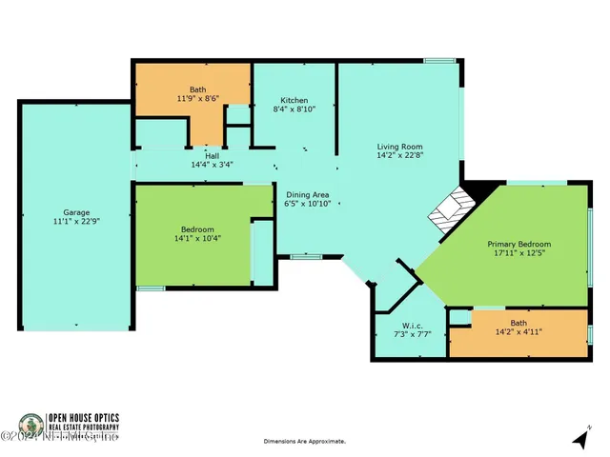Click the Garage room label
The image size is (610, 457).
[76, 212]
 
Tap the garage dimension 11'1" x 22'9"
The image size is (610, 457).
[76, 222]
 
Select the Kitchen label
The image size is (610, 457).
[294, 100]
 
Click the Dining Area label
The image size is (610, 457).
[308, 194]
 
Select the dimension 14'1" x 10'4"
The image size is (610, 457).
[198, 238]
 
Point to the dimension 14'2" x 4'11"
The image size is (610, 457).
[518, 332]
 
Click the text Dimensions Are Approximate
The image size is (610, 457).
[304, 442]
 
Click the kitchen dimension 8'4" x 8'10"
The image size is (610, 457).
[294, 109]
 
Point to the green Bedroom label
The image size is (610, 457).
[198, 228]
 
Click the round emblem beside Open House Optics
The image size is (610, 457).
[29, 425]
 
